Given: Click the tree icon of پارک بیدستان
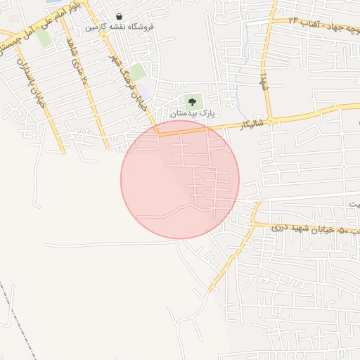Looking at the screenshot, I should (192, 102).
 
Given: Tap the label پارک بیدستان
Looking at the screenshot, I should (192, 112).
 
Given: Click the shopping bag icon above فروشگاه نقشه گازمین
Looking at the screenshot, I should (119, 16).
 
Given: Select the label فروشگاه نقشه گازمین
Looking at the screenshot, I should (120, 27).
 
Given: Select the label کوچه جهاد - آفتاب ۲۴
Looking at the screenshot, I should (319, 23).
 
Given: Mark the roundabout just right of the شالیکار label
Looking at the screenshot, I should (269, 121).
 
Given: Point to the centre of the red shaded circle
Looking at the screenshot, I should (180, 179).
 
